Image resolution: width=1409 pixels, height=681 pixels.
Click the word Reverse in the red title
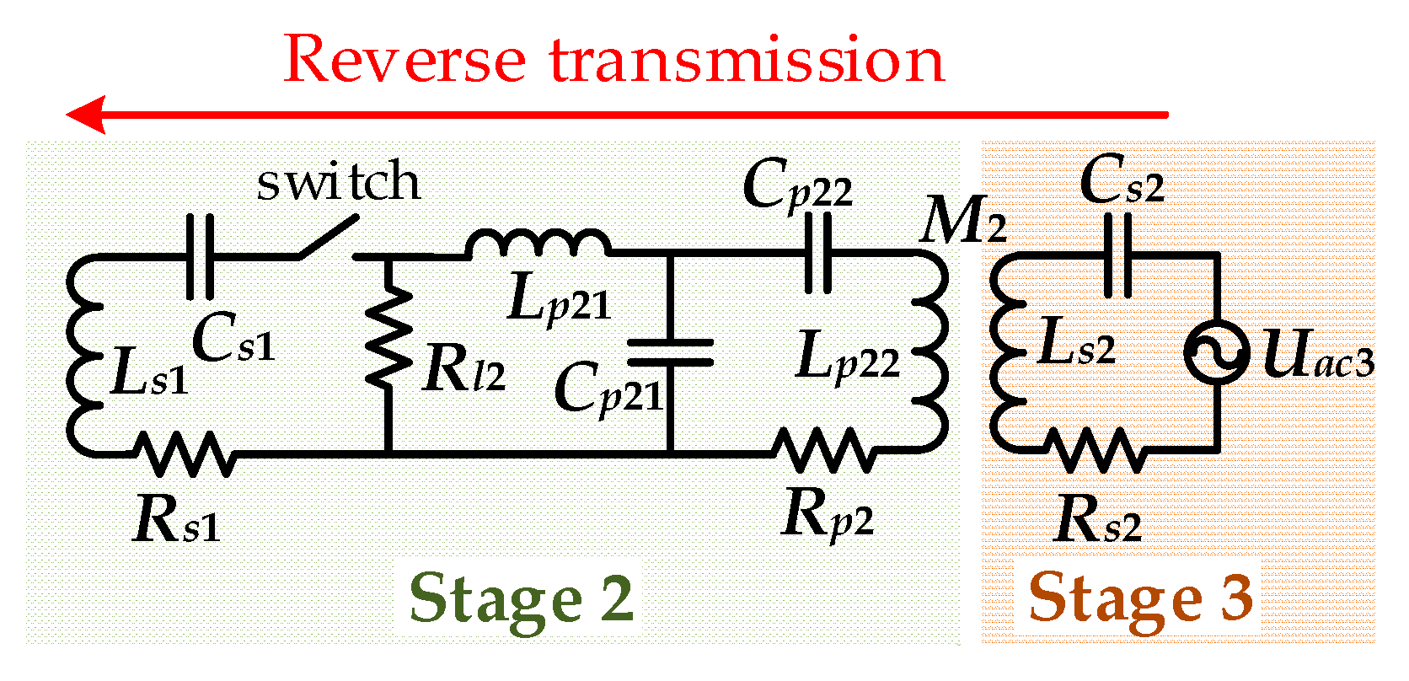coord(405,60)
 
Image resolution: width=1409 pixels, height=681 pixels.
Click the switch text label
coord(338,182)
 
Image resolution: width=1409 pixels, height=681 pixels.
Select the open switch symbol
coord(327,239)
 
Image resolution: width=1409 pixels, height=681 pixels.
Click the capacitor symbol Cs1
coord(200,256)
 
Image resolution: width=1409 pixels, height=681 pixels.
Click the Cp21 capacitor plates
coord(671,352)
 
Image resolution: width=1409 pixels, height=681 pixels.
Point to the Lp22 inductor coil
coord(933,354)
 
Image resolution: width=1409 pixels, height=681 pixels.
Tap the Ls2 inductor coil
coord(1005,354)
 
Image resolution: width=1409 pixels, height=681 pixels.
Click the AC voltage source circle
coord(1217,352)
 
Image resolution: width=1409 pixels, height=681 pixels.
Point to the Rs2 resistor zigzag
coord(1098,450)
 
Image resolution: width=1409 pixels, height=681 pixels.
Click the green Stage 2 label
coord(521,598)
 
